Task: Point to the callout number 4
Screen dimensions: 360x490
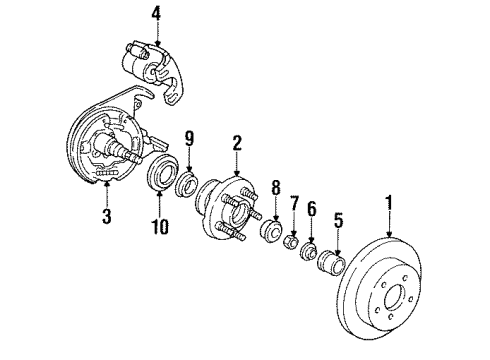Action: coord(155,14)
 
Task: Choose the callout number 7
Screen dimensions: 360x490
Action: coord(294,232)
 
